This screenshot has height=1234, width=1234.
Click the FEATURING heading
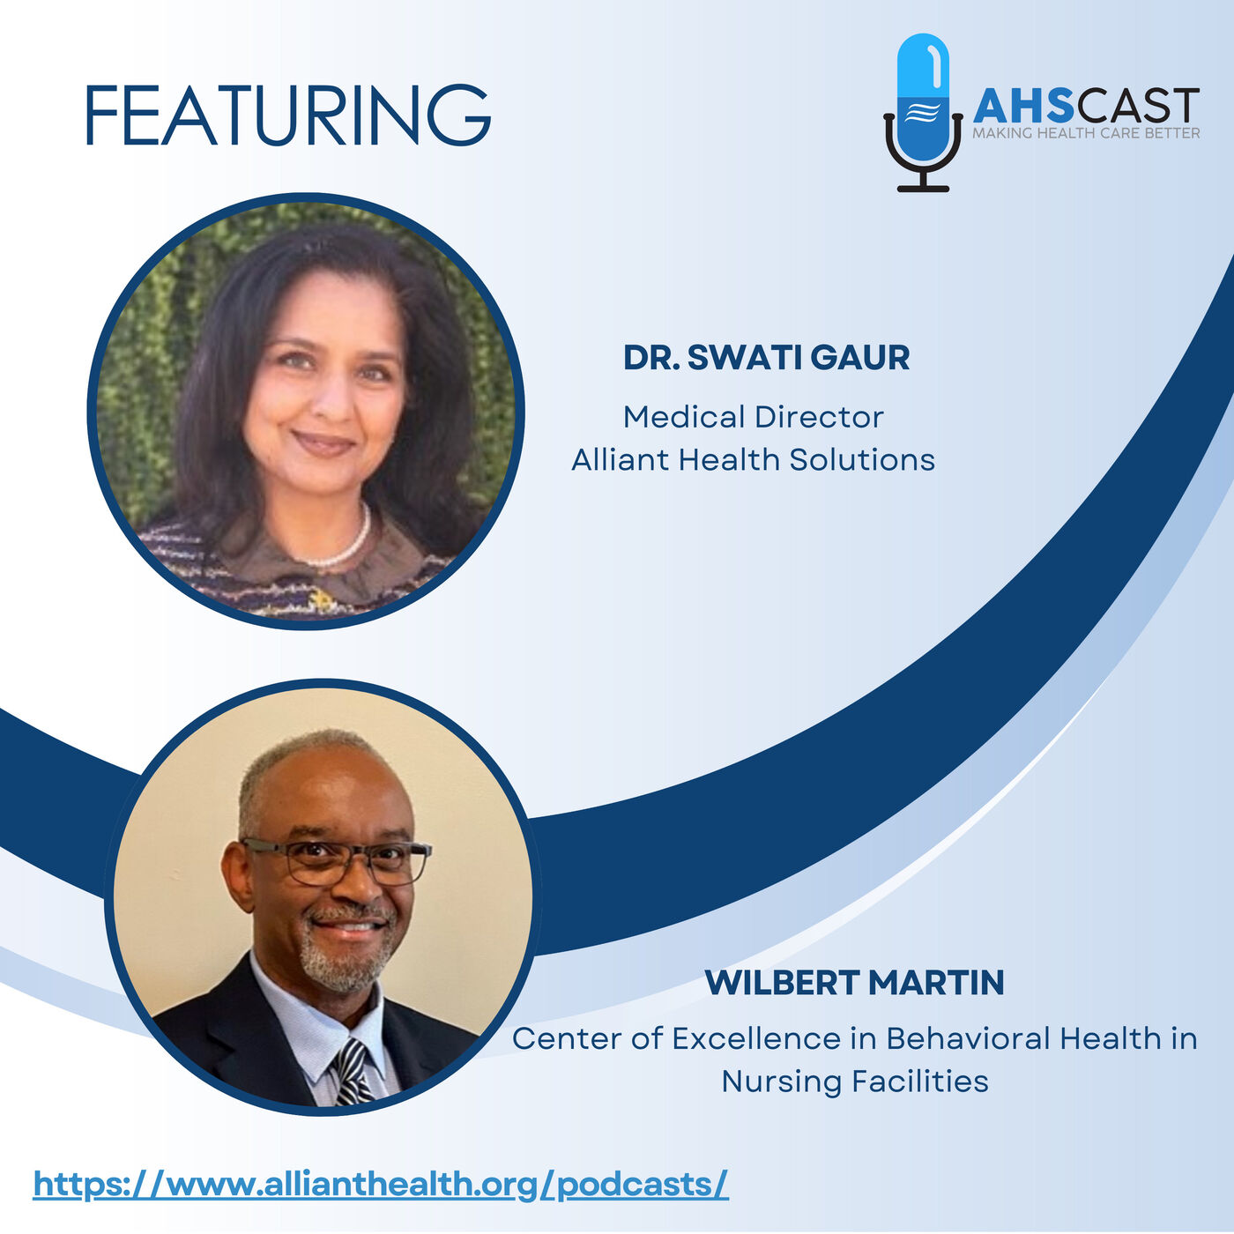(288, 115)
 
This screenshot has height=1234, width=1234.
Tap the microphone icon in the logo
(923, 113)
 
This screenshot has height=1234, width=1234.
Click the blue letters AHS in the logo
(1023, 107)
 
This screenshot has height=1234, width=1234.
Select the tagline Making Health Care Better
(1086, 133)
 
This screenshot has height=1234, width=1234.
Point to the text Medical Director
(753, 418)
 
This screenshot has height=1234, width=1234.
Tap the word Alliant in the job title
(621, 460)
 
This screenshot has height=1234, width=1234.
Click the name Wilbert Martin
(854, 982)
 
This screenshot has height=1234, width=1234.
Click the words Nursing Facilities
(855, 1082)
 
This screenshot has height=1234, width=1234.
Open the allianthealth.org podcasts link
(381, 1186)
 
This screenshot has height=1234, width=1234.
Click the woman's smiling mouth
(323, 443)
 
